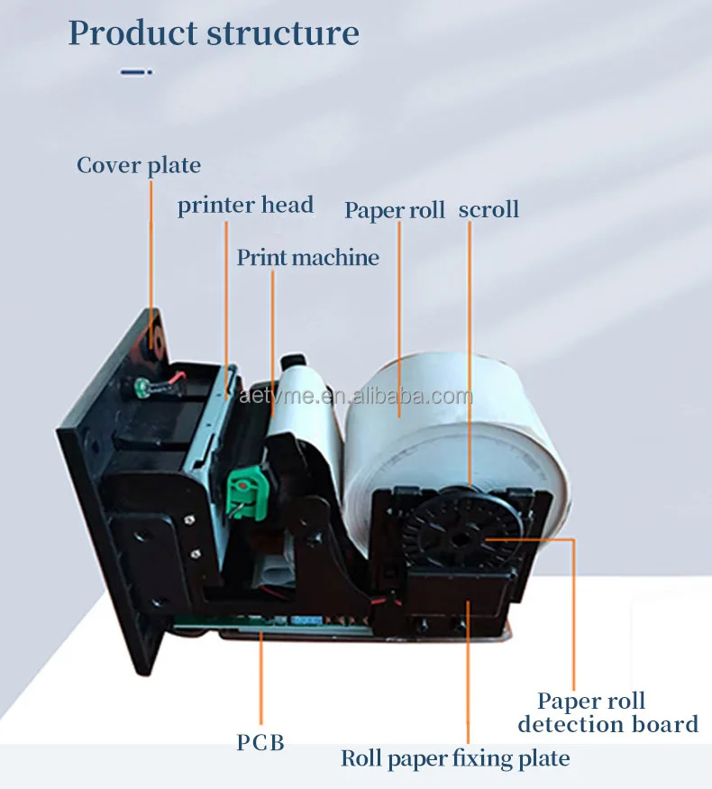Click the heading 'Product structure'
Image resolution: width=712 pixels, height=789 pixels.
214,33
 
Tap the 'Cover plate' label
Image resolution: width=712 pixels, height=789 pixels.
138,166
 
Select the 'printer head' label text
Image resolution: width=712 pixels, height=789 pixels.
245,206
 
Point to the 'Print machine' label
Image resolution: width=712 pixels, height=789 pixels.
307,258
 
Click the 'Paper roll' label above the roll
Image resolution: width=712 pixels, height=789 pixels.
395,210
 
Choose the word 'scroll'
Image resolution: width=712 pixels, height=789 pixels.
488,210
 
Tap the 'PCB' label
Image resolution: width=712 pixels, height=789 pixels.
260,743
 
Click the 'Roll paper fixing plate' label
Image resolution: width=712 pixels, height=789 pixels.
455,759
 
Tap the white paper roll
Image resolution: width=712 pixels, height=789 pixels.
424,424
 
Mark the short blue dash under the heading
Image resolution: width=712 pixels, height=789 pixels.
136,72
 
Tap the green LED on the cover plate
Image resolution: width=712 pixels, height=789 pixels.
141,389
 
